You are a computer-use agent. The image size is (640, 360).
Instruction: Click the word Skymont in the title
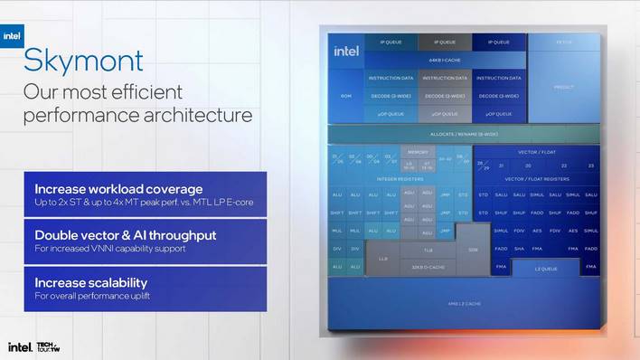82,62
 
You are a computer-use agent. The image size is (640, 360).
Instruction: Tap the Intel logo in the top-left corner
12,37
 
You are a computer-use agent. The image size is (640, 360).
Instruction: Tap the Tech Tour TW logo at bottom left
49,346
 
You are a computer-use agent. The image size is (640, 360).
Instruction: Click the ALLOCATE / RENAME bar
463,133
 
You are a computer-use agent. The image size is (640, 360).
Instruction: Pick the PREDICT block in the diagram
563,87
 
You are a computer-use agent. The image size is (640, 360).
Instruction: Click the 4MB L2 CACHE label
462,304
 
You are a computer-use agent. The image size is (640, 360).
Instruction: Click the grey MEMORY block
417,152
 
